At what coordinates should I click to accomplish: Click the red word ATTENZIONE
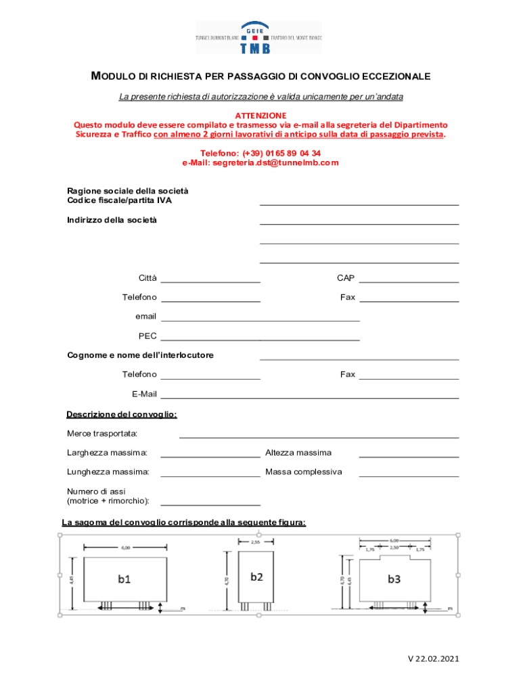click(260, 116)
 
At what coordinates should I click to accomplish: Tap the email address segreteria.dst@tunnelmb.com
click(260, 163)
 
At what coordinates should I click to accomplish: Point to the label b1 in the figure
click(124, 579)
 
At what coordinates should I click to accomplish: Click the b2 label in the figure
click(256, 577)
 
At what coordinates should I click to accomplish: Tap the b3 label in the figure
click(394, 579)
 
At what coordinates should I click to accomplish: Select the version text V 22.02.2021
click(433, 658)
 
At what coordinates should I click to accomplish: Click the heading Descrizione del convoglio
click(122, 414)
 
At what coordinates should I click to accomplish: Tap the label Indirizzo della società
click(112, 220)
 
